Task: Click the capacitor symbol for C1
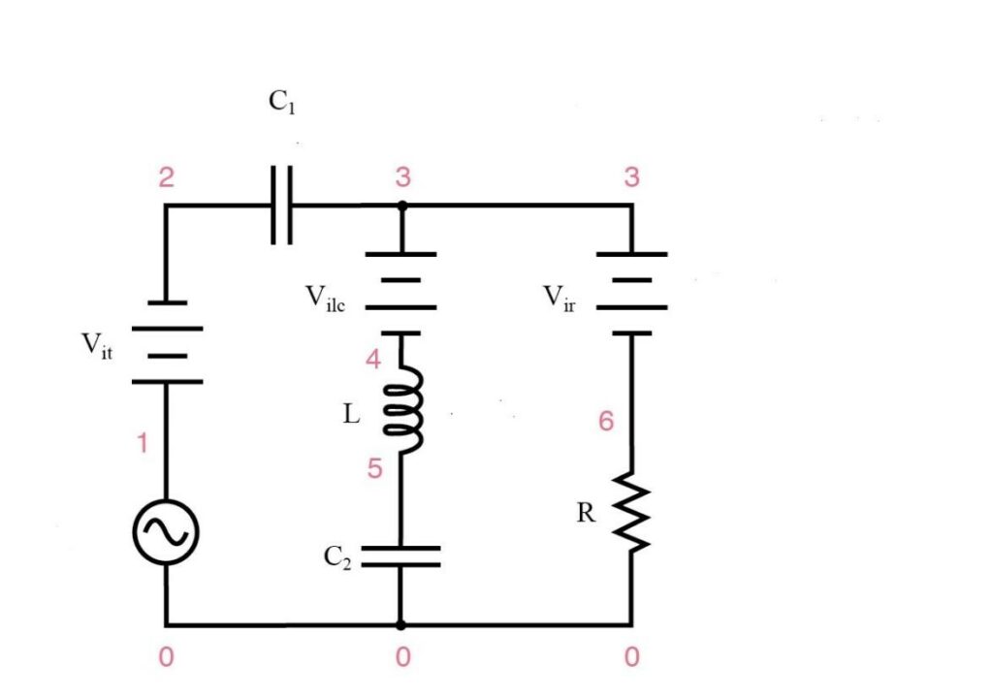coord(281,205)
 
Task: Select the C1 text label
coord(281,104)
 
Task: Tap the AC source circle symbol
coord(166,531)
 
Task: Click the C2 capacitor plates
coord(400,555)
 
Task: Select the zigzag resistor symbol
coord(631,511)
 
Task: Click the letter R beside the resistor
coord(586,513)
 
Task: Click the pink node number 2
coord(166,178)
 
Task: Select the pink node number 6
coord(607,424)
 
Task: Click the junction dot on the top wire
coord(400,206)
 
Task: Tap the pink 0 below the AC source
coord(166,658)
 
